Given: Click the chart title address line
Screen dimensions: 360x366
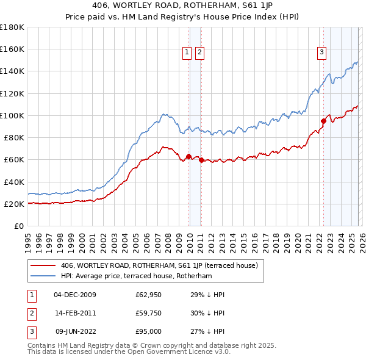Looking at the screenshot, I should tap(182, 7).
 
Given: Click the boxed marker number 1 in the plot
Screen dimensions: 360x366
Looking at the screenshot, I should tap(186, 53).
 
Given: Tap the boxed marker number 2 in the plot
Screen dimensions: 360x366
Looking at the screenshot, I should tap(199, 53).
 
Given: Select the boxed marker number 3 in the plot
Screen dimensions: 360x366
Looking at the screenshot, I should tap(321, 53).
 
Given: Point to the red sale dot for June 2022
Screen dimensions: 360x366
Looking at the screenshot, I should tap(323, 121).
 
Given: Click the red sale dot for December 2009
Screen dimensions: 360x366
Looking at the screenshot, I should tap(188, 156).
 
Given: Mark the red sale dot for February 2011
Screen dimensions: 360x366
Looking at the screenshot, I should tap(201, 160).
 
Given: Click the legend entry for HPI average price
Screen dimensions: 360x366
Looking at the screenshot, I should tap(136, 276).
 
